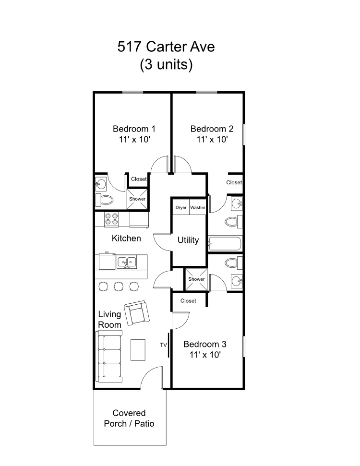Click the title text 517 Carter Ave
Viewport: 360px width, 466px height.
tap(166, 47)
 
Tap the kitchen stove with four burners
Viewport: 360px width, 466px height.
tap(111, 220)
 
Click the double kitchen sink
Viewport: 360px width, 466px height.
tap(127, 262)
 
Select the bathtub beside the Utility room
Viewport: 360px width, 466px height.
tap(225, 243)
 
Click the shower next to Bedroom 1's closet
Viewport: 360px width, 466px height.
tap(137, 199)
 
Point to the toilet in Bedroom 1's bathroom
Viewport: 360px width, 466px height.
tap(105, 200)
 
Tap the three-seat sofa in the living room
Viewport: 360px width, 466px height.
tap(109, 356)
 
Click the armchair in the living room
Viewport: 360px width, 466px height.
tap(137, 313)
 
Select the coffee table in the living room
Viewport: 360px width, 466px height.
tap(138, 350)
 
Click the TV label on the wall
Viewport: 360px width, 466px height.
tap(163, 345)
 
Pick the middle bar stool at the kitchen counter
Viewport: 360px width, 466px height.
tap(119, 287)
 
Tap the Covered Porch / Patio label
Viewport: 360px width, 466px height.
tap(129, 418)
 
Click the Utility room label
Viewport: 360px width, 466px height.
tap(188, 240)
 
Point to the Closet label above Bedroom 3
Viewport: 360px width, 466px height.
tap(188, 301)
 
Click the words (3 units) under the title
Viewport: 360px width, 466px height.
tap(166, 64)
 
